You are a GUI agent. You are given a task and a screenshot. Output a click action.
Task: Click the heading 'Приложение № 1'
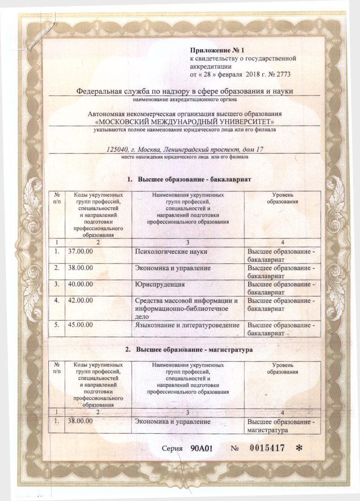click(x=217, y=50)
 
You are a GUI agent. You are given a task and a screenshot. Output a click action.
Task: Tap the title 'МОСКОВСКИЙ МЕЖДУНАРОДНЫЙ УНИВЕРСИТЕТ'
click(x=185, y=121)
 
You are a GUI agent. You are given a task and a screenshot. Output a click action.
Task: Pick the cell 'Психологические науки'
click(x=170, y=251)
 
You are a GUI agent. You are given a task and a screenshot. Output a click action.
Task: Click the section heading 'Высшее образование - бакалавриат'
click(x=195, y=179)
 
